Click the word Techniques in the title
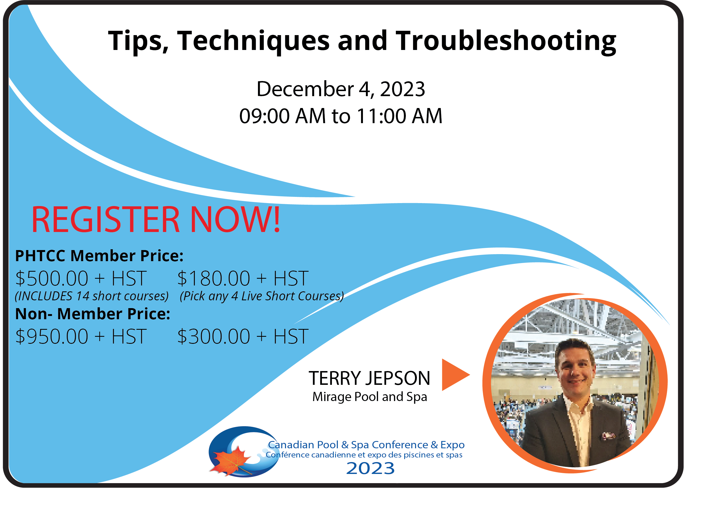click(x=253, y=42)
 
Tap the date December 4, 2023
click(x=341, y=89)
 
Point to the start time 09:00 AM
click(x=282, y=116)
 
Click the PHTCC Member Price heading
click(x=99, y=256)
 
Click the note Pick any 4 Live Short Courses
click(x=262, y=296)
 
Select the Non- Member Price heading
click(x=93, y=314)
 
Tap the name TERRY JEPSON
click(x=369, y=378)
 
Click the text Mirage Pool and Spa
click(x=369, y=397)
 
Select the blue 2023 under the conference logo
click(x=370, y=468)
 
